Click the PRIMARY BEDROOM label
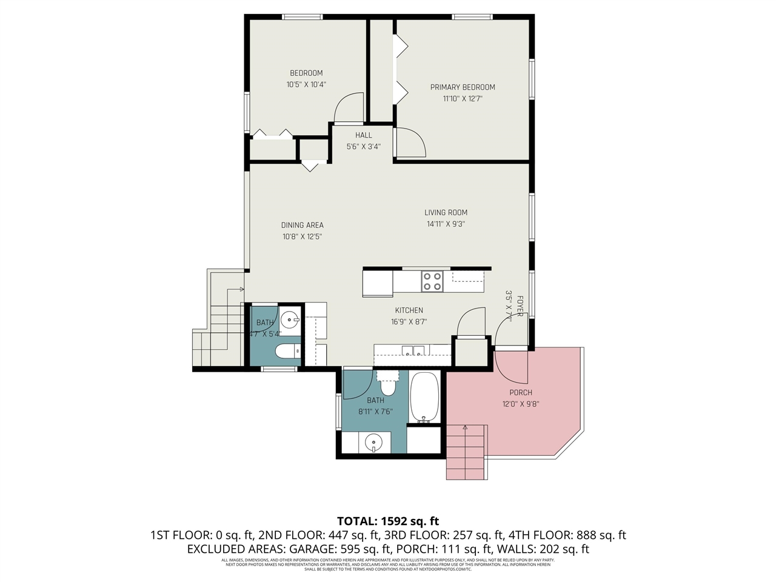[x=463, y=87]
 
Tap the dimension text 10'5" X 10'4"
[x=306, y=85]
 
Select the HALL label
[x=364, y=135]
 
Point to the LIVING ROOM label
[x=446, y=213]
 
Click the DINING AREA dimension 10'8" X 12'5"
[x=302, y=237]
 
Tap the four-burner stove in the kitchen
[x=432, y=281]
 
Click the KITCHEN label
[x=409, y=310]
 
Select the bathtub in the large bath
[x=424, y=397]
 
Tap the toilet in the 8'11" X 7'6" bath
[x=387, y=386]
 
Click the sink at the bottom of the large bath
[x=374, y=443]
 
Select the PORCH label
[x=520, y=393]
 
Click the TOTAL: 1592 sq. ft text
[x=387, y=521]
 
